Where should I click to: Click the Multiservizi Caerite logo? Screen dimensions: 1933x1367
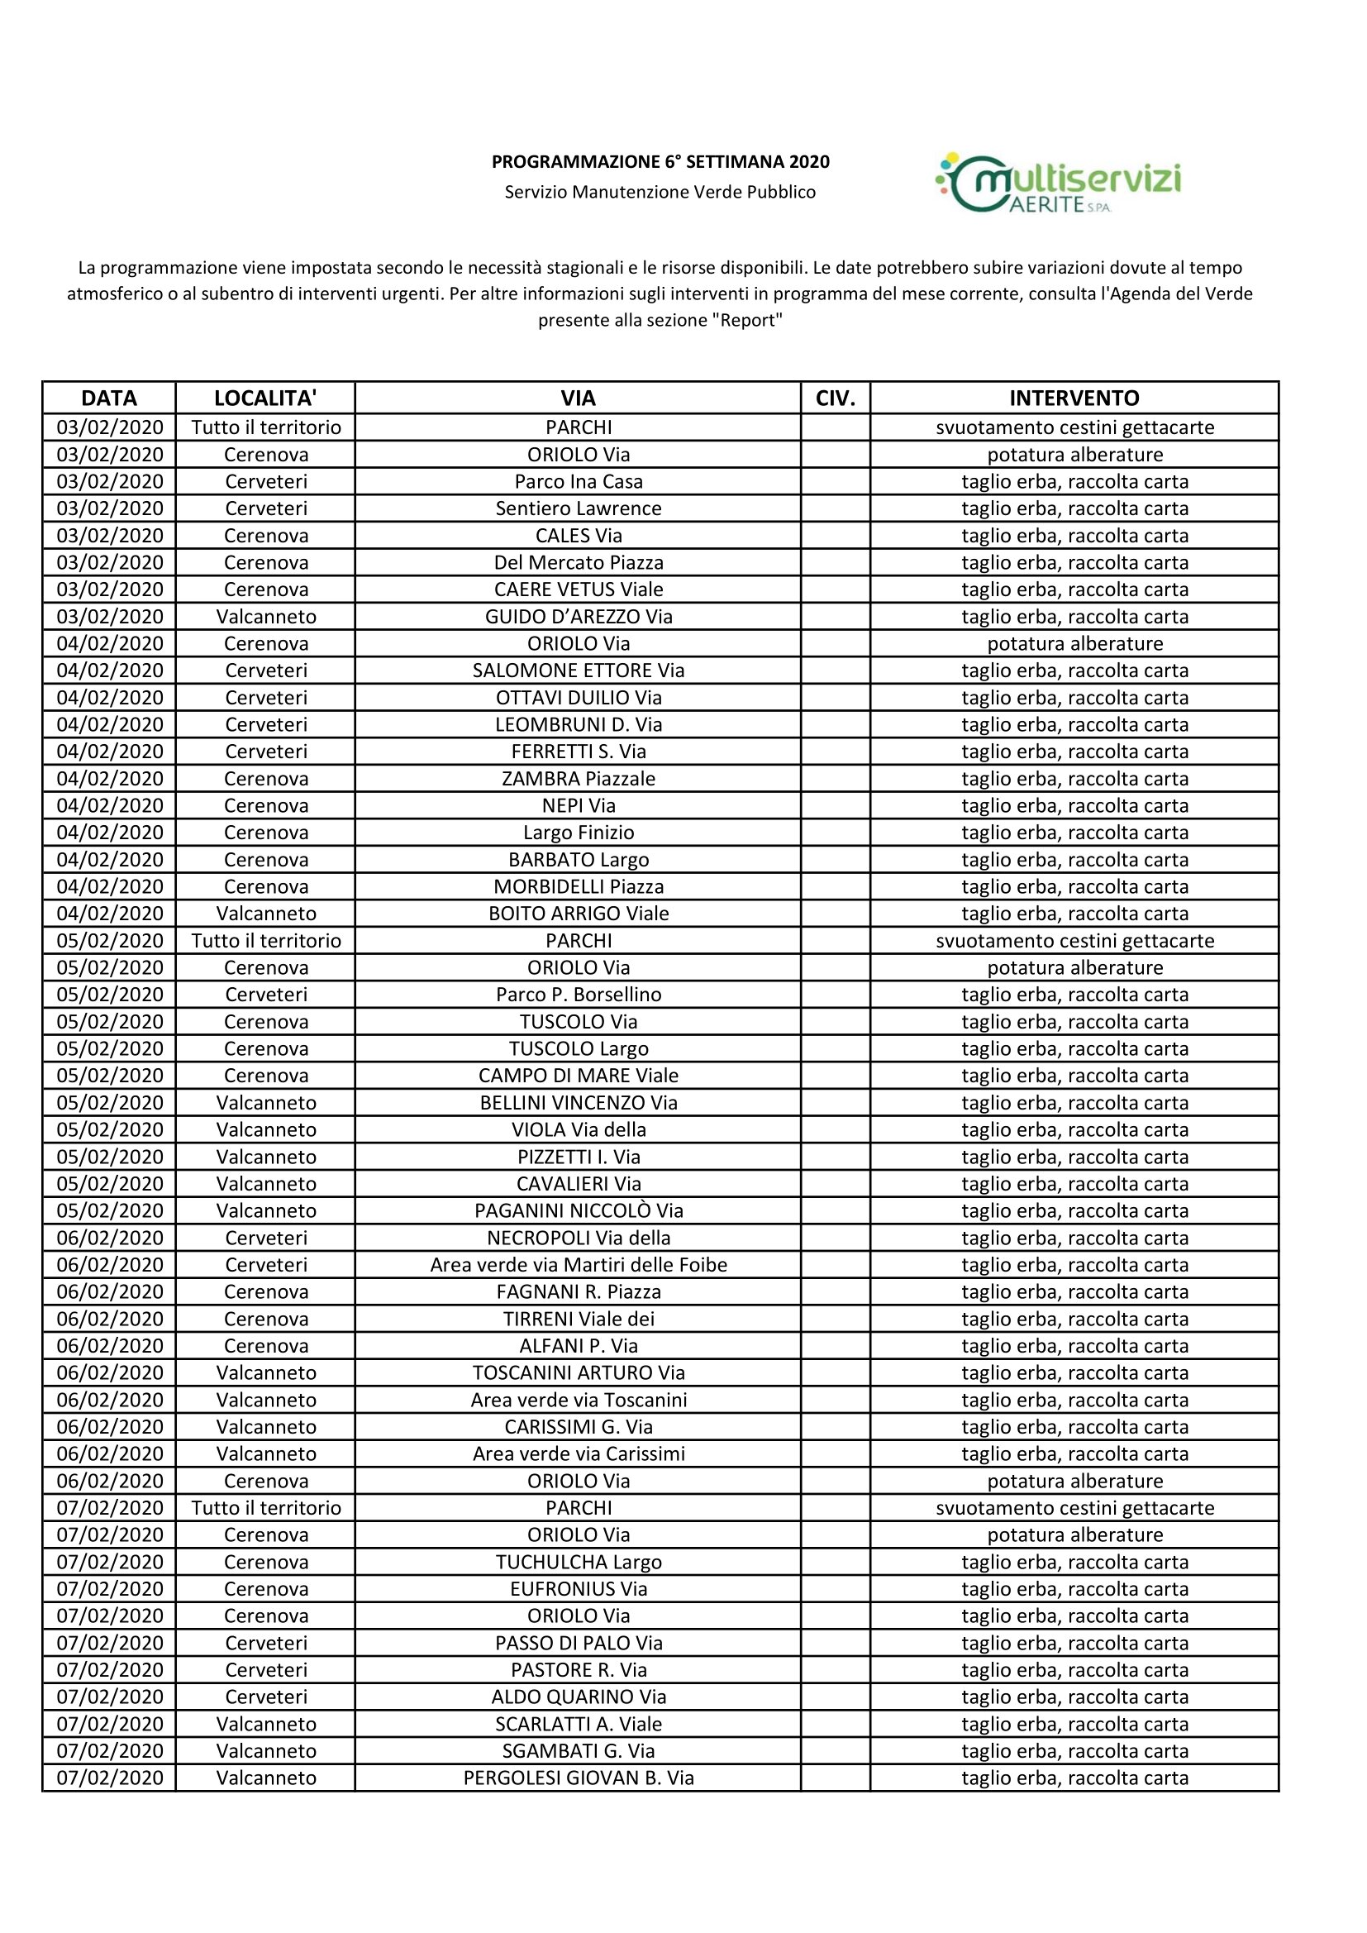[1058, 183]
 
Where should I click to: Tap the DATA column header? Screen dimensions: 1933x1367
[109, 398]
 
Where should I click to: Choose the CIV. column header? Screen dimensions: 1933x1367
[835, 398]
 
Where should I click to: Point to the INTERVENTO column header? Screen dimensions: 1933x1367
[1074, 398]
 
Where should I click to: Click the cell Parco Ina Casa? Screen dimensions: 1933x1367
[579, 481]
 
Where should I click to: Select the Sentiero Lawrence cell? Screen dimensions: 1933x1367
[579, 508]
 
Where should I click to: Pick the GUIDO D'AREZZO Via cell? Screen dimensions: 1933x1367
[579, 616]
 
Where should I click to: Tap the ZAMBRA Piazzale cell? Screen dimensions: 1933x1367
[579, 779]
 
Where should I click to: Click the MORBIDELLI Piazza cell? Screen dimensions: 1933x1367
[579, 886]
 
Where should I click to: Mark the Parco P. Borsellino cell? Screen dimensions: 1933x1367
[579, 995]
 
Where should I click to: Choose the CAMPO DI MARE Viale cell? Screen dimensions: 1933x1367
[579, 1075]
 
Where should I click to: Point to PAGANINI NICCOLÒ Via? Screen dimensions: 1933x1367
[579, 1210]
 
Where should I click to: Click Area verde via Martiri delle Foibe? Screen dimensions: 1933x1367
[579, 1264]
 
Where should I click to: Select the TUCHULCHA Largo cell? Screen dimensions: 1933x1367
[579, 1562]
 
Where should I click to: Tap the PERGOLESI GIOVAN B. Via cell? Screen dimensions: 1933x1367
[579, 1778]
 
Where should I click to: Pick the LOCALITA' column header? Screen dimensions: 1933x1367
[265, 398]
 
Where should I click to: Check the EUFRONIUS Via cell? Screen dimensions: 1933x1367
[579, 1589]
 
